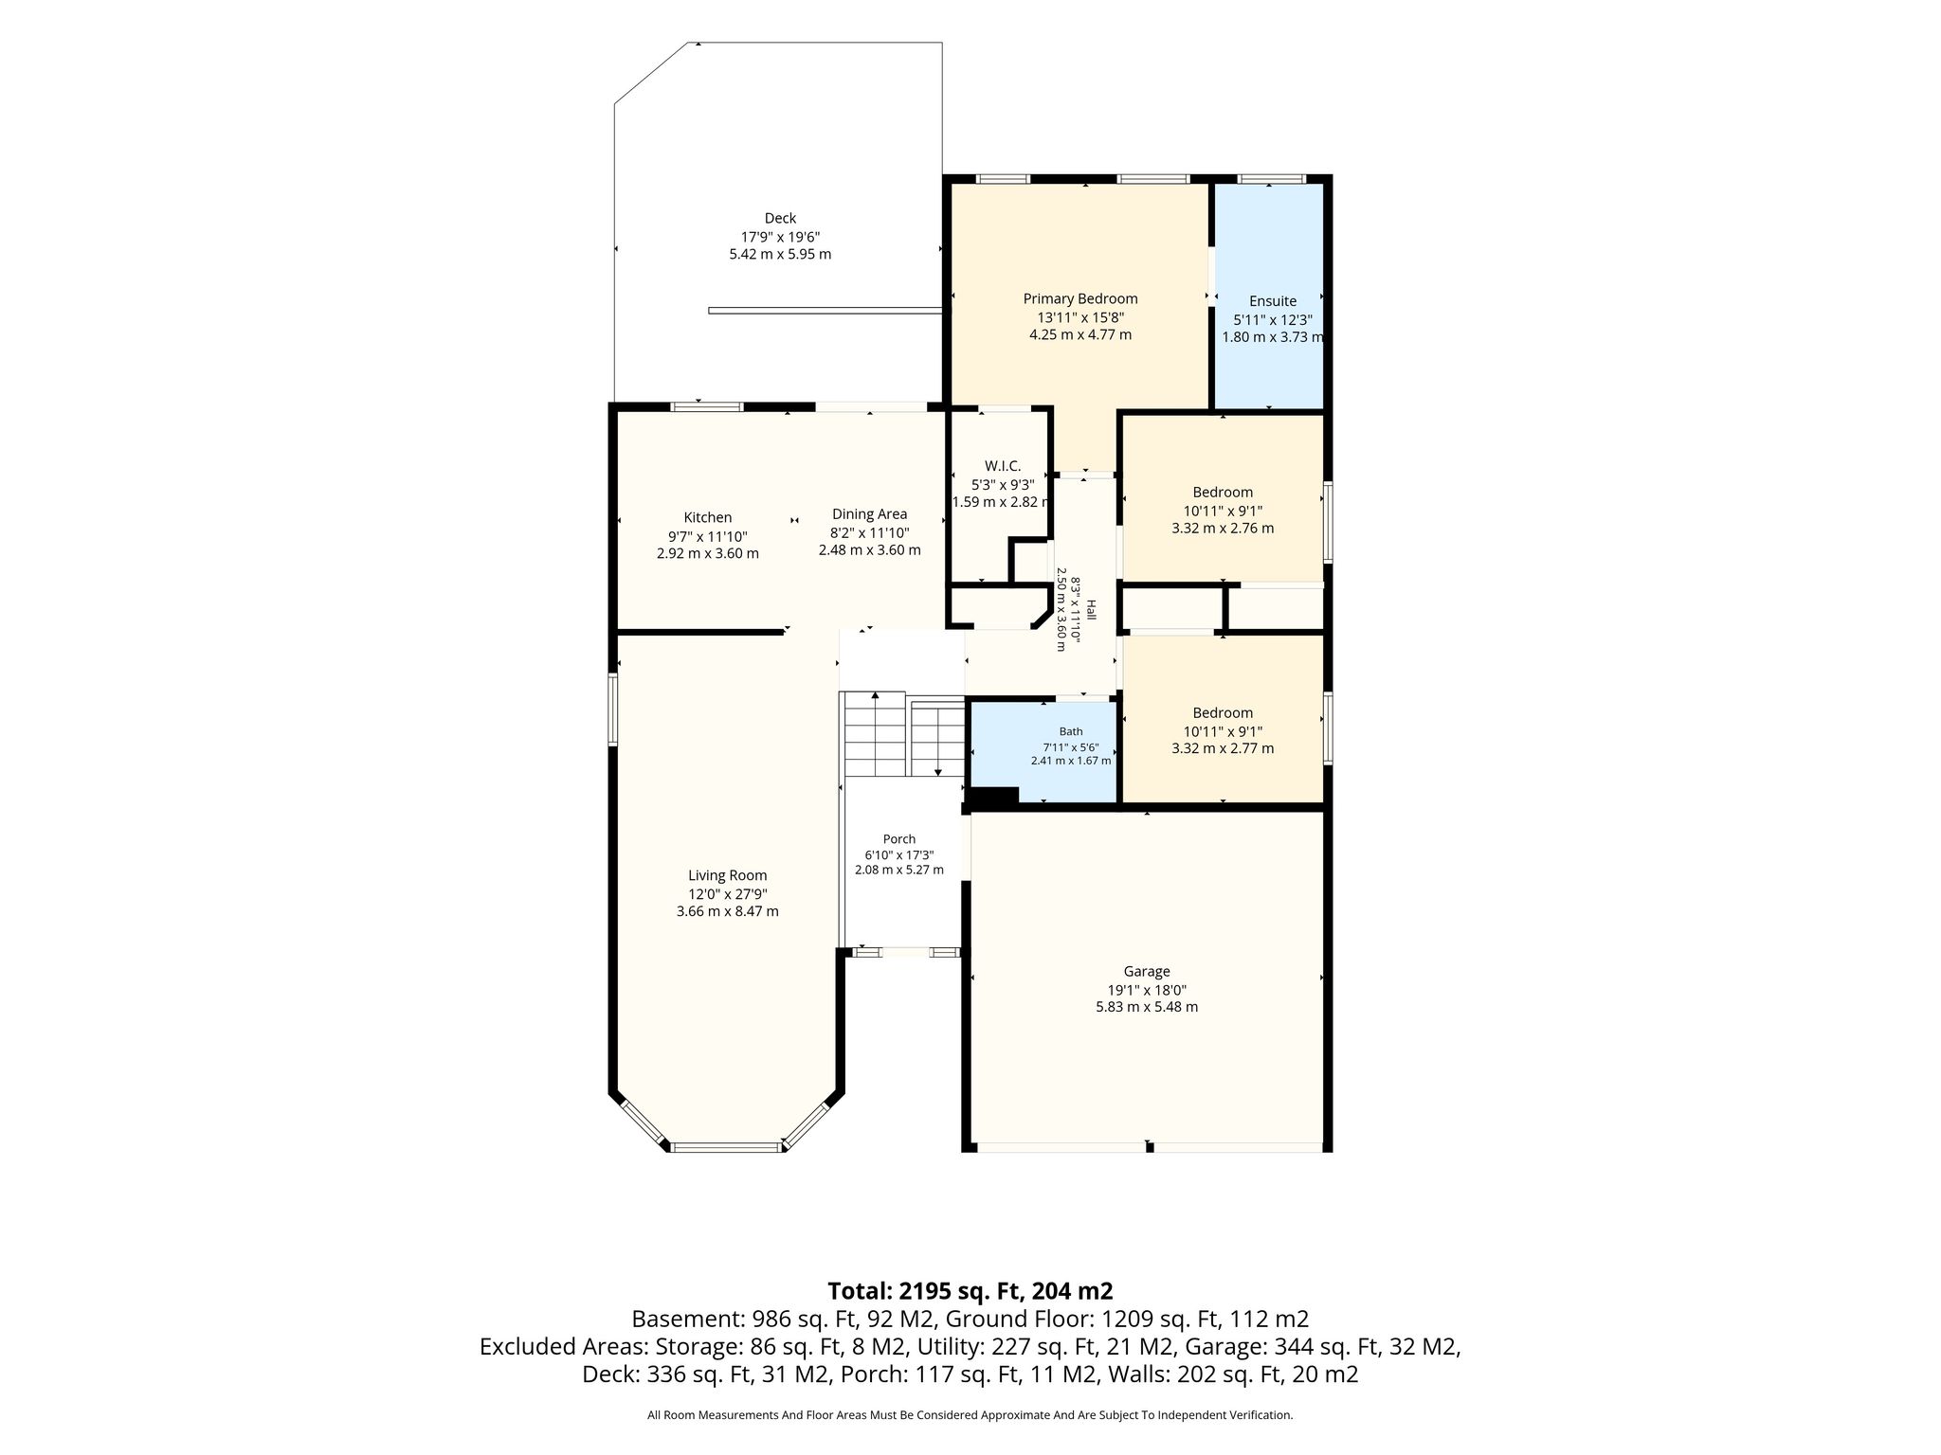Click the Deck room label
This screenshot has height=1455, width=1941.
[x=780, y=219]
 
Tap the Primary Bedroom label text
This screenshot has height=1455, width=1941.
[x=1080, y=299]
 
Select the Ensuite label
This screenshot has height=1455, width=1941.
[x=1273, y=301]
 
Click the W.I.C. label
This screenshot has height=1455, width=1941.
[x=1003, y=466]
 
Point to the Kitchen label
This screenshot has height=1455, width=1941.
[x=708, y=518]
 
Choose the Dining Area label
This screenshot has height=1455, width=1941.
[x=870, y=514]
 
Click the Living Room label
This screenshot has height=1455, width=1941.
[x=728, y=876]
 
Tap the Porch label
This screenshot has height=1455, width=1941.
[x=899, y=839]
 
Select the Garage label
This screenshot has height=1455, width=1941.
[x=1147, y=972]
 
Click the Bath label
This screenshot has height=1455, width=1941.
[x=1071, y=731]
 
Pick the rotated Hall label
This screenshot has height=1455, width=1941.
[x=1091, y=610]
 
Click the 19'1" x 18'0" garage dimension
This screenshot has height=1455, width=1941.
[x=1147, y=990]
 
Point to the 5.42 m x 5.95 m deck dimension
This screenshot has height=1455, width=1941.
[x=780, y=255]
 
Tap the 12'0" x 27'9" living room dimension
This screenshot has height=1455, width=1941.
[x=728, y=894]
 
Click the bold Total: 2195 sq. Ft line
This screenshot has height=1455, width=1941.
[x=970, y=1291]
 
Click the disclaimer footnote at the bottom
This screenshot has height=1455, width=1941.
[x=970, y=1415]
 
